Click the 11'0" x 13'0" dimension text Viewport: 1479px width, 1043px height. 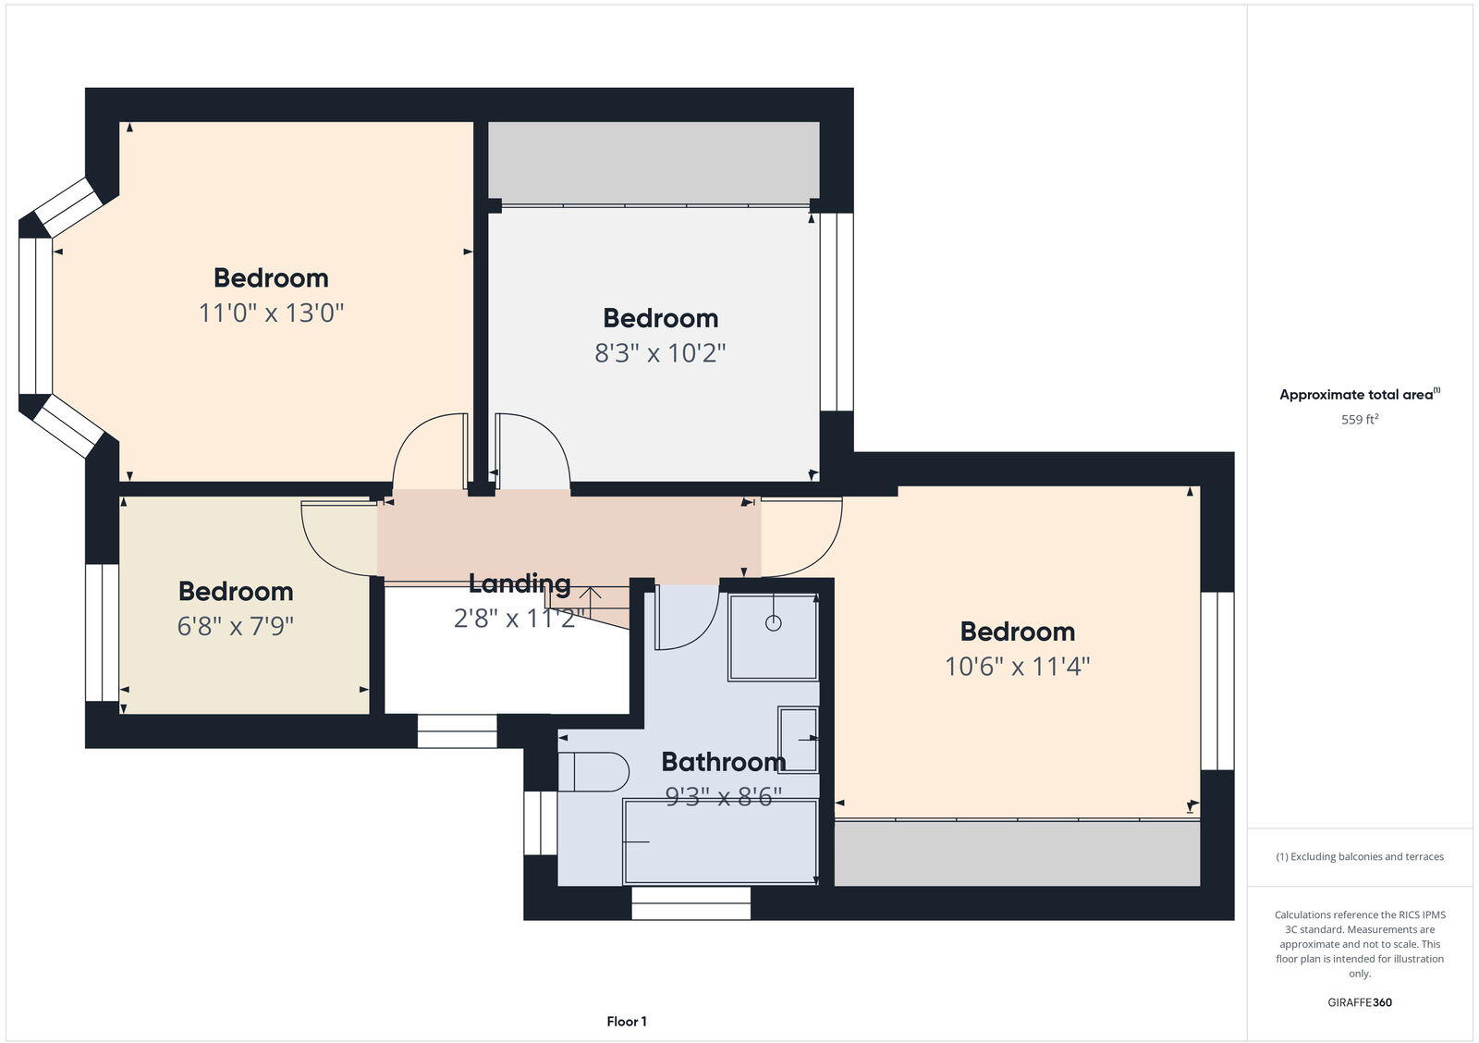[x=271, y=313]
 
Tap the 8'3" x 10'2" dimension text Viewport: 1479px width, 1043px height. [x=660, y=352]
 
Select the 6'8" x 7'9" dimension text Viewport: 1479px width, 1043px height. [x=235, y=626]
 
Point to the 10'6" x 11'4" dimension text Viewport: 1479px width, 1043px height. [x=1017, y=666]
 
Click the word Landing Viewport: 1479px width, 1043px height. [x=519, y=583]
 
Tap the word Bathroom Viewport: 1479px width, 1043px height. [x=723, y=762]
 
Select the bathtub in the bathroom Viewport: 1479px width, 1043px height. [x=719, y=841]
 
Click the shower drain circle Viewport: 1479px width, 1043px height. [x=773, y=623]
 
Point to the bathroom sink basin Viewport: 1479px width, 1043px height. [x=798, y=739]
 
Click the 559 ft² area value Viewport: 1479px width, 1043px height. [x=1360, y=420]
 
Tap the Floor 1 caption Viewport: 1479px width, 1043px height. [x=627, y=1022]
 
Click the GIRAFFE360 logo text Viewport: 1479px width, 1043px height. [x=1360, y=1002]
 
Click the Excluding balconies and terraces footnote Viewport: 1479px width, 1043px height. [x=1360, y=857]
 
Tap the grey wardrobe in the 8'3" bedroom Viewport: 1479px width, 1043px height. [x=654, y=162]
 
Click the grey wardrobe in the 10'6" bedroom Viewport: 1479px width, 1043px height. [x=1017, y=853]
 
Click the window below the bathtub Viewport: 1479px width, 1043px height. [x=691, y=903]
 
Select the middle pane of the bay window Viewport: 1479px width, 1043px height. [x=35, y=316]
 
